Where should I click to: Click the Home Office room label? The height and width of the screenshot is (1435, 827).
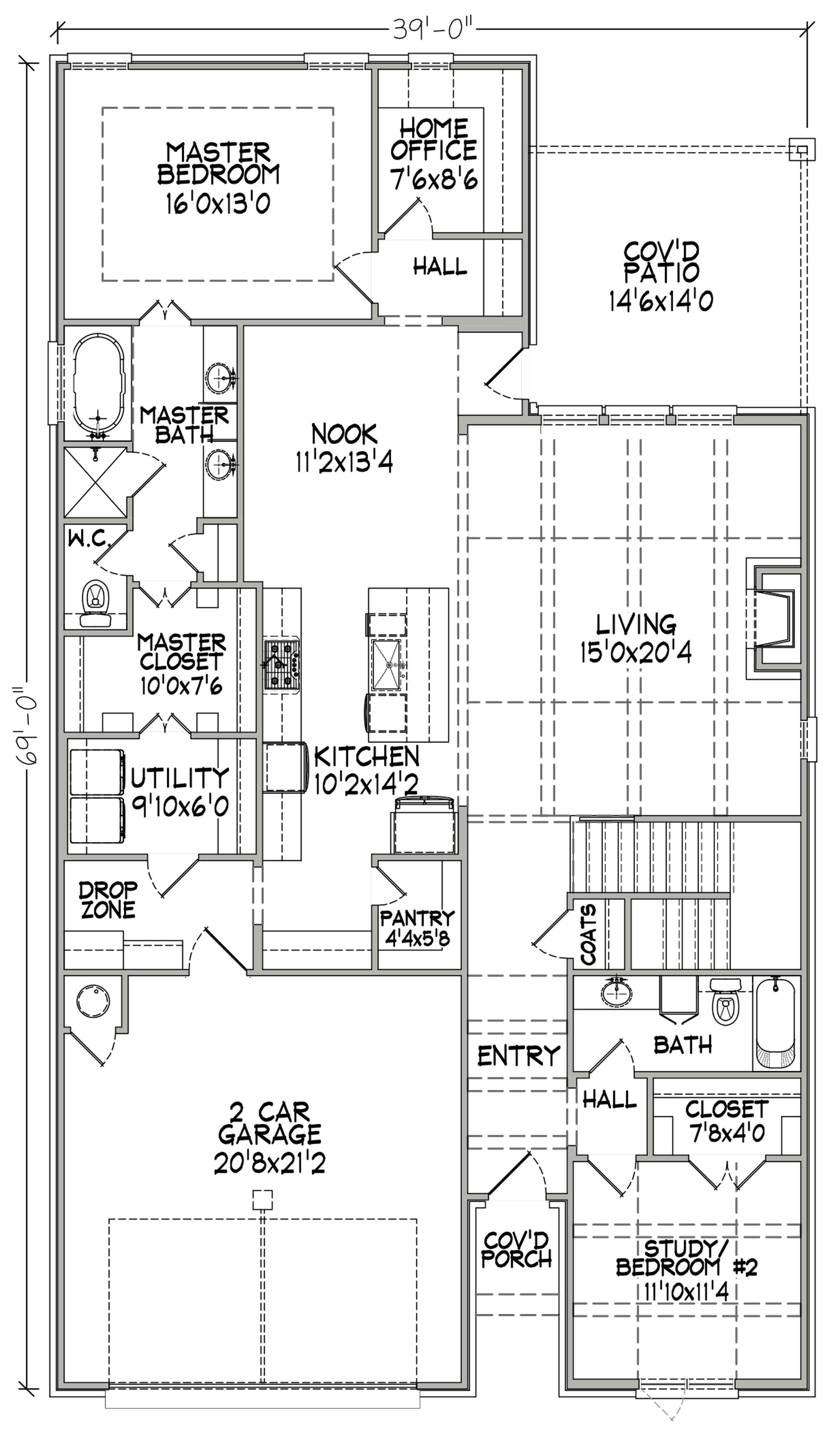(x=433, y=139)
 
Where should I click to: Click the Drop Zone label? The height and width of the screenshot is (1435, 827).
(x=108, y=900)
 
